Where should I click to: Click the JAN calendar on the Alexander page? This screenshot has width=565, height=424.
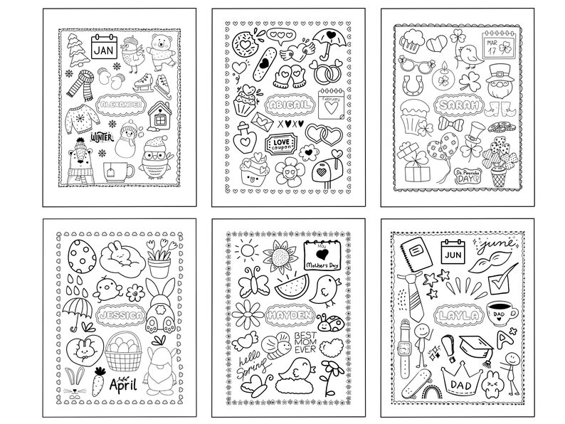tap(103, 48)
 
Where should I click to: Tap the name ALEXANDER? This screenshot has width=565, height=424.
tap(122, 105)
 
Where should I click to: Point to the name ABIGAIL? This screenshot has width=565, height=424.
tap(287, 106)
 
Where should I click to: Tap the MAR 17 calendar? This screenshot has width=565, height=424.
tap(496, 47)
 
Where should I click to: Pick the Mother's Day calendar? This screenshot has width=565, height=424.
tap(322, 255)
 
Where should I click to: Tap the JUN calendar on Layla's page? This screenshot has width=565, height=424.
tap(453, 253)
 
